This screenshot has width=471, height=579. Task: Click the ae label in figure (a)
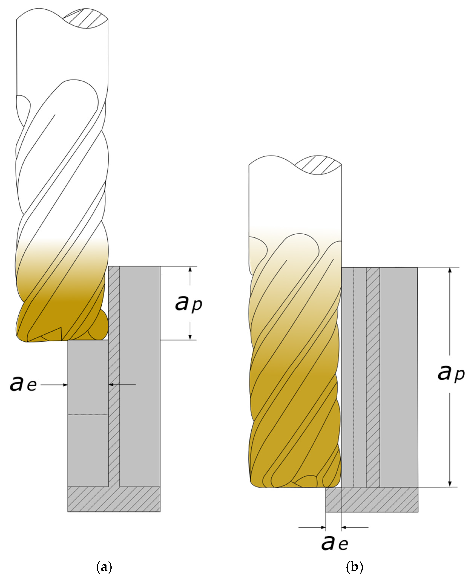23,384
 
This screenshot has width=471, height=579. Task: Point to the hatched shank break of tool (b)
318,165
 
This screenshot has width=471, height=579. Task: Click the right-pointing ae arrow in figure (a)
54,385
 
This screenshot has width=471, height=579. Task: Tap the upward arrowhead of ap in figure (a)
190,269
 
